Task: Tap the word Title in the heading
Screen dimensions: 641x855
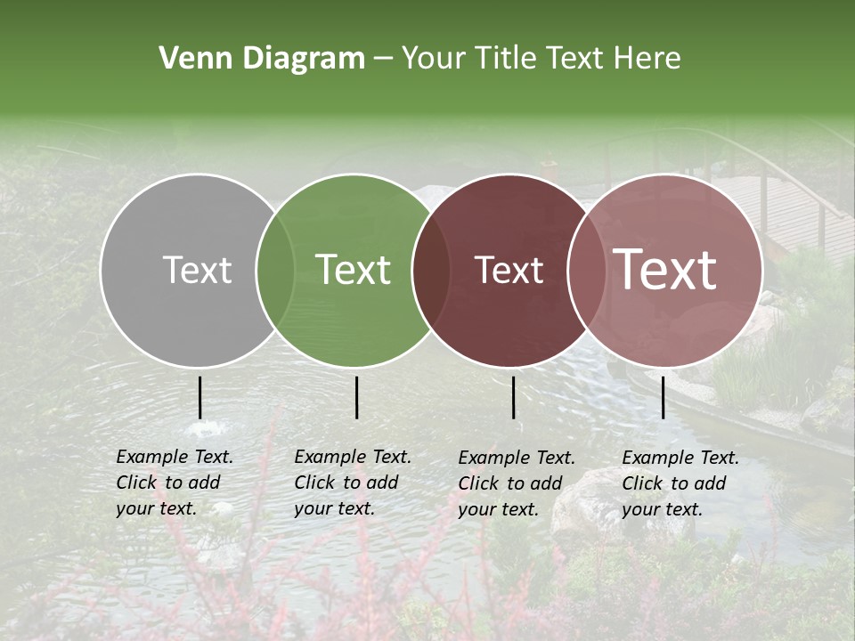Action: [503, 59]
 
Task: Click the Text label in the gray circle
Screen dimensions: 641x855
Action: [197, 270]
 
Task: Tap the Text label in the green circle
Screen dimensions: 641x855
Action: [354, 270]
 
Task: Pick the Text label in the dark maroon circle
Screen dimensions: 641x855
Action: [509, 270]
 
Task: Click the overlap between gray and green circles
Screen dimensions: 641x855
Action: [275, 270]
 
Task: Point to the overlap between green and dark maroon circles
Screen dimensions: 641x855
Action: [431, 270]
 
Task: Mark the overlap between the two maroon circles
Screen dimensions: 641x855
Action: [587, 270]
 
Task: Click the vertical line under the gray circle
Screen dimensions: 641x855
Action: [199, 397]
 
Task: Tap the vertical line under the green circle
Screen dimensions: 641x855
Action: [356, 397]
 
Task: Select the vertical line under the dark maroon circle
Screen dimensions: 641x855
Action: [513, 397]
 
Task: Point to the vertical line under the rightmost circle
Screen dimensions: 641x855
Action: [663, 397]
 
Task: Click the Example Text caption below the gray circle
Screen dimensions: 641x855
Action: [174, 483]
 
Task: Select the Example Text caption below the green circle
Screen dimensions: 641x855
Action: [352, 483]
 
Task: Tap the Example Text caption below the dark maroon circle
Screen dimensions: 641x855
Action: [516, 483]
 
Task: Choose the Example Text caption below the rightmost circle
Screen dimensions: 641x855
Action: [680, 483]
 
